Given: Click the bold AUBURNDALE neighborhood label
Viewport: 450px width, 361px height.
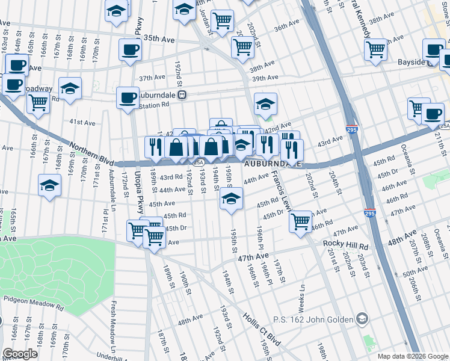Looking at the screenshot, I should pyautogui.click(x=271, y=164).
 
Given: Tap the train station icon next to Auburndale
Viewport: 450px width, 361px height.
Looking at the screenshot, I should pyautogui.click(x=189, y=94).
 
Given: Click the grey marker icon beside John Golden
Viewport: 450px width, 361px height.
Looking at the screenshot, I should pyautogui.click(x=362, y=318).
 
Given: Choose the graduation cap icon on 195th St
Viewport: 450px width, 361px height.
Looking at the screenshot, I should pyautogui.click(x=231, y=199).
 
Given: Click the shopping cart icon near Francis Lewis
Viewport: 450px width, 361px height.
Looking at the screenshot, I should pyautogui.click(x=300, y=221).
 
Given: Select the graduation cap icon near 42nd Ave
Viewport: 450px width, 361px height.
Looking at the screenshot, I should pyautogui.click(x=265, y=105).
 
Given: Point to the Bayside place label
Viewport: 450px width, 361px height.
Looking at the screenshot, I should pyautogui.click(x=403, y=62).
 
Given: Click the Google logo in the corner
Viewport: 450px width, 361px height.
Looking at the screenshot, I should pyautogui.click(x=20, y=354).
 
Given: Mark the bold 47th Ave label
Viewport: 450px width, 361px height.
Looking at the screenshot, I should pyautogui.click(x=253, y=256).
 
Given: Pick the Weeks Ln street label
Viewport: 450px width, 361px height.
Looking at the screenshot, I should pyautogui.click(x=302, y=294).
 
